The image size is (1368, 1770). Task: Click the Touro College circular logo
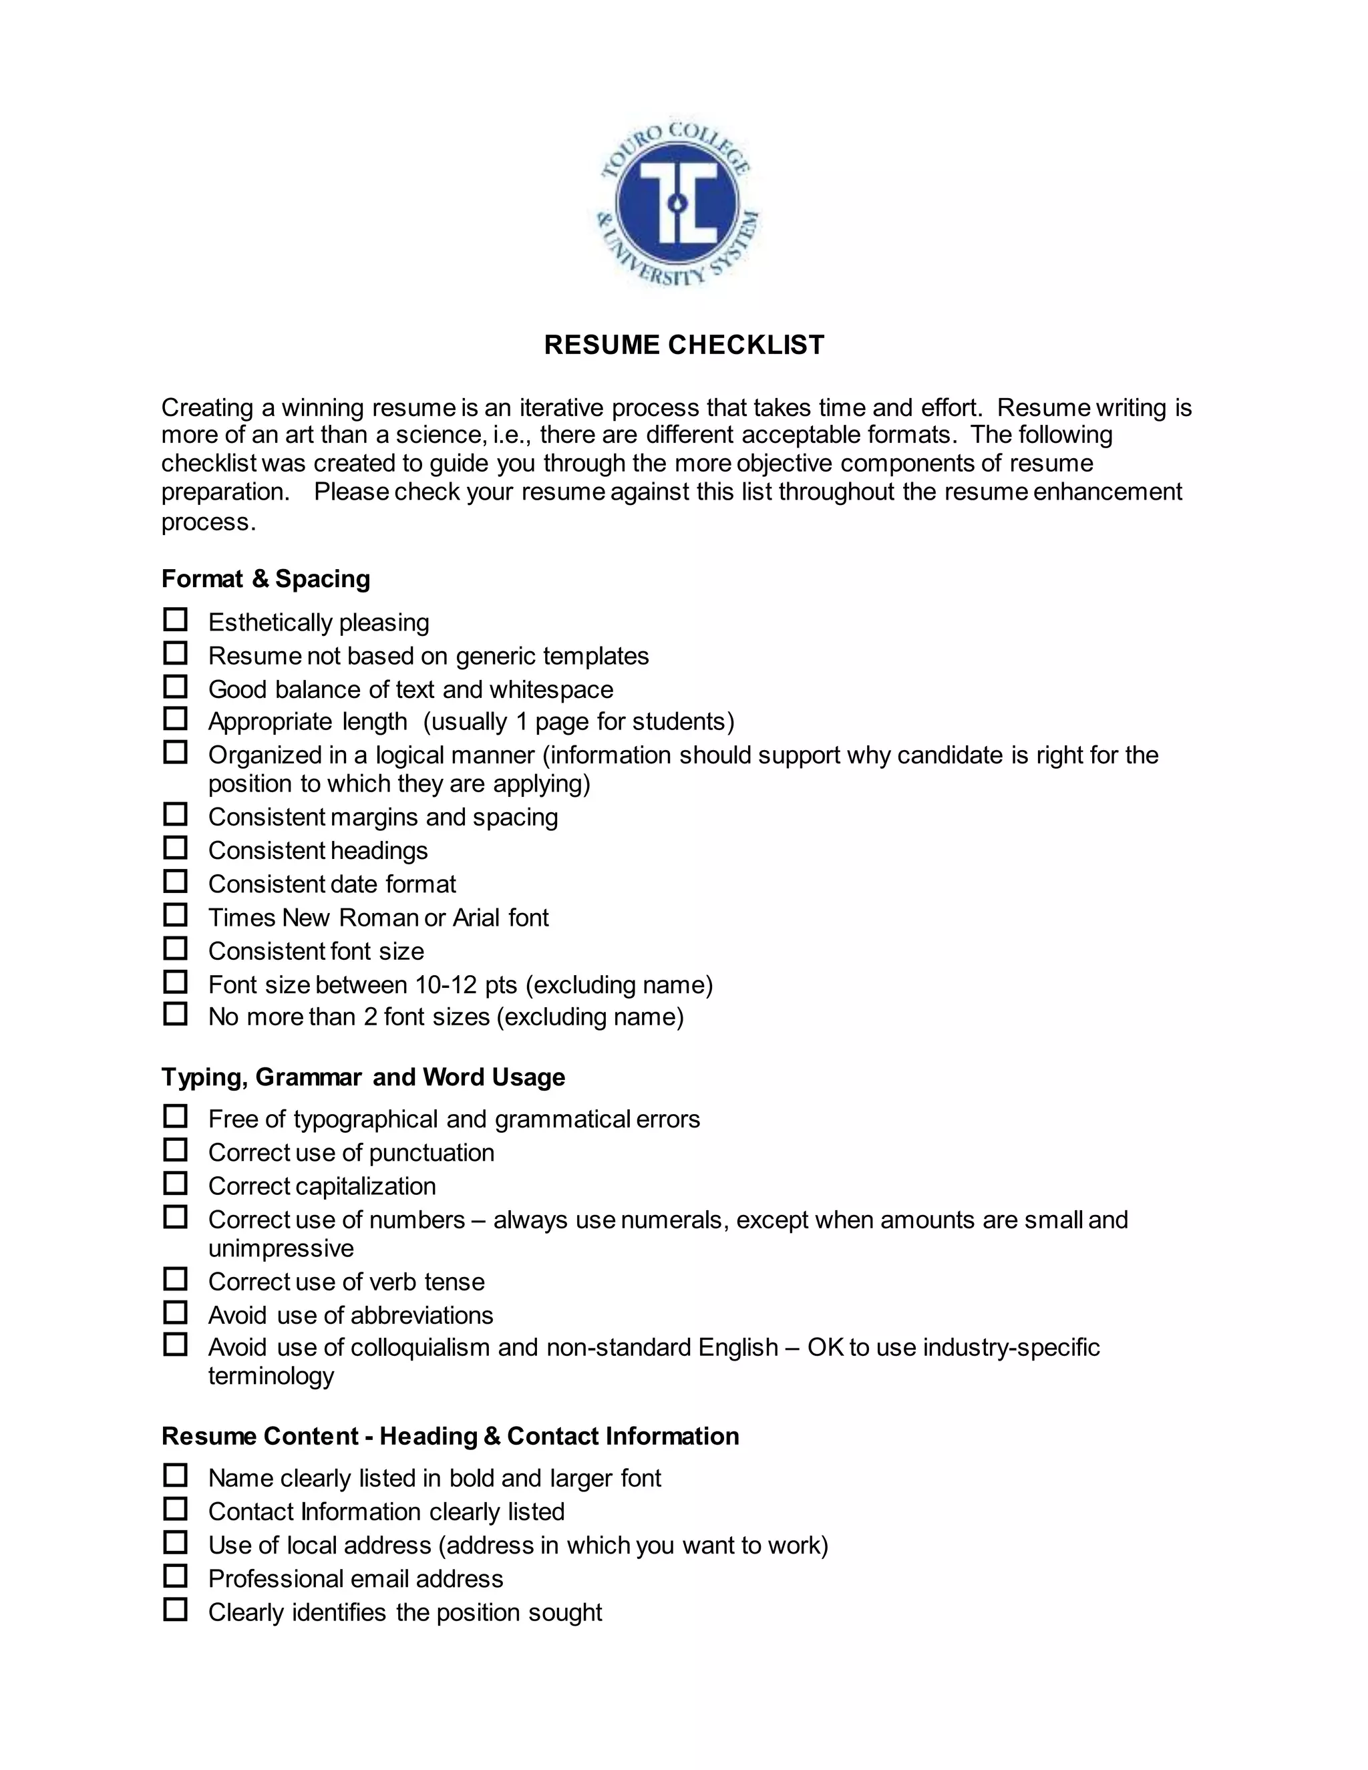coord(677,202)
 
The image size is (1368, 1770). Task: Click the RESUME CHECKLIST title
coord(684,345)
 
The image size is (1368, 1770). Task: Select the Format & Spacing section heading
coord(266,578)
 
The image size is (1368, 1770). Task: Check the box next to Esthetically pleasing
coord(175,620)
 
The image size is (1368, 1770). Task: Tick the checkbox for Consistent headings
coord(175,848)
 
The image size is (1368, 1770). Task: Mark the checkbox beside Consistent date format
coord(175,882)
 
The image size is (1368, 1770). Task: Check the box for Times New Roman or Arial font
coord(175,916)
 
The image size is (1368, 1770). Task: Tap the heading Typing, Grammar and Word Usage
coord(363,1077)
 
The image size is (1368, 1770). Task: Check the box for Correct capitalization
coord(175,1184)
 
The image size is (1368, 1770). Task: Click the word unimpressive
coord(281,1248)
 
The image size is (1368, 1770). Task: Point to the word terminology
coord(271,1376)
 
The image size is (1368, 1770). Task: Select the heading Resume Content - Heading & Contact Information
coord(450,1436)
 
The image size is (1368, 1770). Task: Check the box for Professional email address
coord(175,1576)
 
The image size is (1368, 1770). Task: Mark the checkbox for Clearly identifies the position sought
coord(175,1610)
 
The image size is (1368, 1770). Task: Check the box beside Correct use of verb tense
coord(175,1280)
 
